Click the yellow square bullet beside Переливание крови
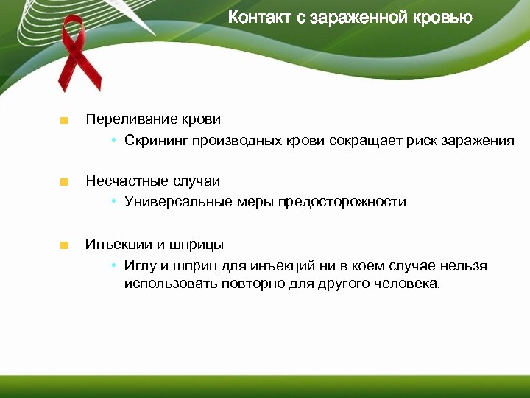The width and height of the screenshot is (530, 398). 65,120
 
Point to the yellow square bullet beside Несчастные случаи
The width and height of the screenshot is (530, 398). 65,182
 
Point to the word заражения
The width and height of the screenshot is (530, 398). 478,140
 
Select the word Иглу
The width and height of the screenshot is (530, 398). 138,266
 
